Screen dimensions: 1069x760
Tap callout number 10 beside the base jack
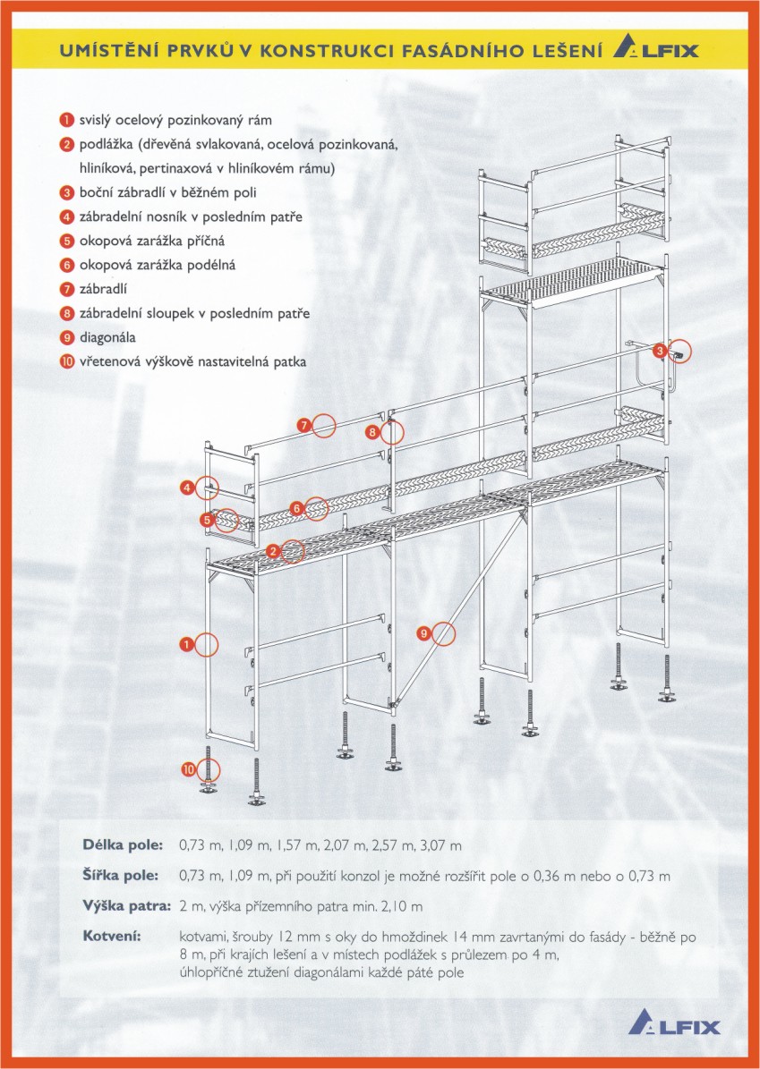188,768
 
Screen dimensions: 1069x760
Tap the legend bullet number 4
66,216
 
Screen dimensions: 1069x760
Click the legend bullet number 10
66,362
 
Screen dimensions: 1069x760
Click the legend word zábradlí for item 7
106,289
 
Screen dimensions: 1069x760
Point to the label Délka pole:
124,844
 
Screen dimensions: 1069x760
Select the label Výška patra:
126,905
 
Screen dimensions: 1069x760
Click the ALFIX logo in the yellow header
655,49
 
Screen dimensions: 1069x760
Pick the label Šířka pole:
123,875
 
